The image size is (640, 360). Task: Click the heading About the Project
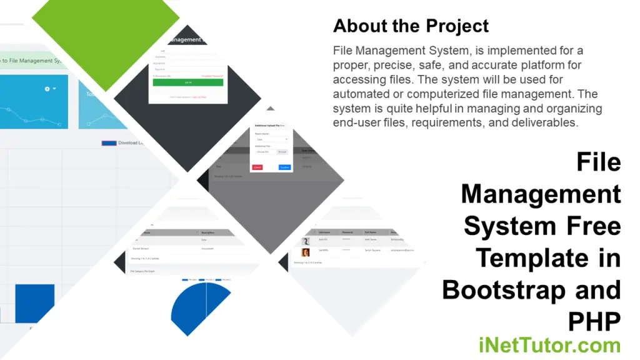(411, 26)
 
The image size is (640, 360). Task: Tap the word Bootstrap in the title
(532, 290)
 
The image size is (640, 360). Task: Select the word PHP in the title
(594, 322)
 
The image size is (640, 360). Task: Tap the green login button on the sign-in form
(187, 82)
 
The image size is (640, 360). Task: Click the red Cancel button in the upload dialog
(257, 167)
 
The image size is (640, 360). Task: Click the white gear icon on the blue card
(47, 89)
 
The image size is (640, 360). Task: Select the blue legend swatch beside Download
(108, 143)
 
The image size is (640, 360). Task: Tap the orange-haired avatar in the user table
(306, 252)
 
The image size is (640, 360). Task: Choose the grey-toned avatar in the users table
(306, 241)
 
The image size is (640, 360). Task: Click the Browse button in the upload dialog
(282, 152)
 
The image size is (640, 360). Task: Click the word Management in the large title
(541, 194)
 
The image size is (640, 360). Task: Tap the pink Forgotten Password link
(212, 75)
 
